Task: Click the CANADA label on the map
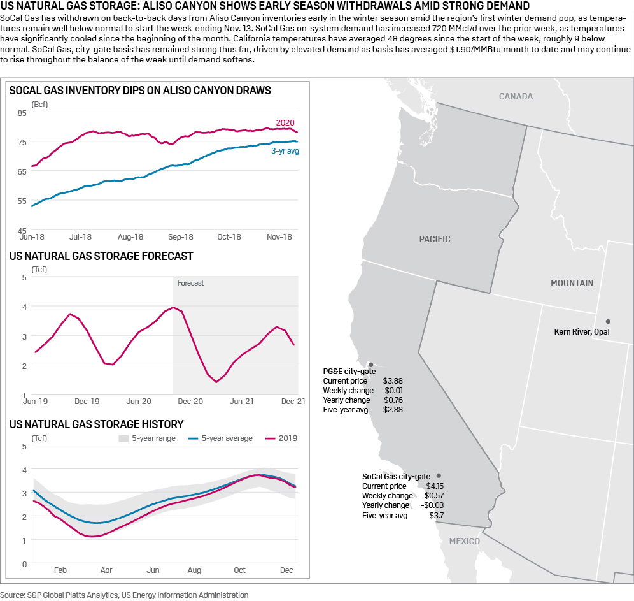coord(516,96)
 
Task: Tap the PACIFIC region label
coord(435,239)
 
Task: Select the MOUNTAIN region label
coord(572,283)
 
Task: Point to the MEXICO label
coord(464,541)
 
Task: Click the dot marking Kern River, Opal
coord(608,321)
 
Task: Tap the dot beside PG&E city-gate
coord(370,365)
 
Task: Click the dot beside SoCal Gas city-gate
coord(439,476)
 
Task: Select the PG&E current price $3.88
coord(393,380)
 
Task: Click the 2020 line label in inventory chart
coord(285,122)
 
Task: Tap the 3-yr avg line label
coord(285,151)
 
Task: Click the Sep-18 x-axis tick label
coord(181,236)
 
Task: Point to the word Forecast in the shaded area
coord(190,282)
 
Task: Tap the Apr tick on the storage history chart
coord(106,570)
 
